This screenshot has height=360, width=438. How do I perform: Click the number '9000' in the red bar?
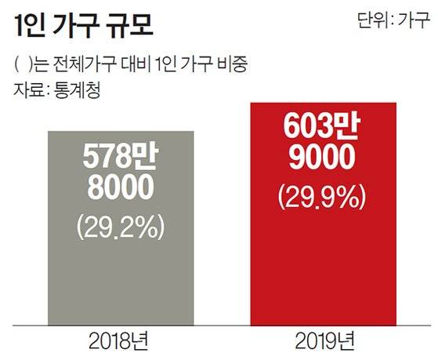323,160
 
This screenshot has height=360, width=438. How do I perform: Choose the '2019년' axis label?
324,342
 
